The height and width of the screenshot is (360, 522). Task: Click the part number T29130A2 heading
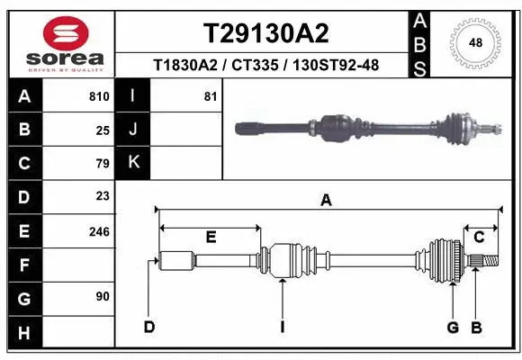click(265, 33)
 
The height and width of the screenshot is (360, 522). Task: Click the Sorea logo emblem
click(66, 33)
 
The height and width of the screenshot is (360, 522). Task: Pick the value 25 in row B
click(103, 130)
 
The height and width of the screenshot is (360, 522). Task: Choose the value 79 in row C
click(103, 164)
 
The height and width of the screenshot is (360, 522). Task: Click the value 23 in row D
click(103, 196)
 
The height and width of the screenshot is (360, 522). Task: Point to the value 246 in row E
click(99, 231)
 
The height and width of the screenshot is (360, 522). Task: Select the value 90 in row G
click(103, 295)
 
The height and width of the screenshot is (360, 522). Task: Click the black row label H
click(24, 332)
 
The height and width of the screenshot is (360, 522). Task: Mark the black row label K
click(134, 163)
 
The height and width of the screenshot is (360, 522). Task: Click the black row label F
click(24, 265)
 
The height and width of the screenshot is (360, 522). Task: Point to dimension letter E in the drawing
click(211, 238)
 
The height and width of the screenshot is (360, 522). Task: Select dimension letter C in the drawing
click(480, 238)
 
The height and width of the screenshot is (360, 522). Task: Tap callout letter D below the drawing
click(149, 327)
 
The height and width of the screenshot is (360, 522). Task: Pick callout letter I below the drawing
click(282, 327)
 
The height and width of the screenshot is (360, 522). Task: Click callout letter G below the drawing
click(453, 327)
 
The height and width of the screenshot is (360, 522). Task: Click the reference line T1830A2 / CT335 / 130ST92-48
click(265, 65)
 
